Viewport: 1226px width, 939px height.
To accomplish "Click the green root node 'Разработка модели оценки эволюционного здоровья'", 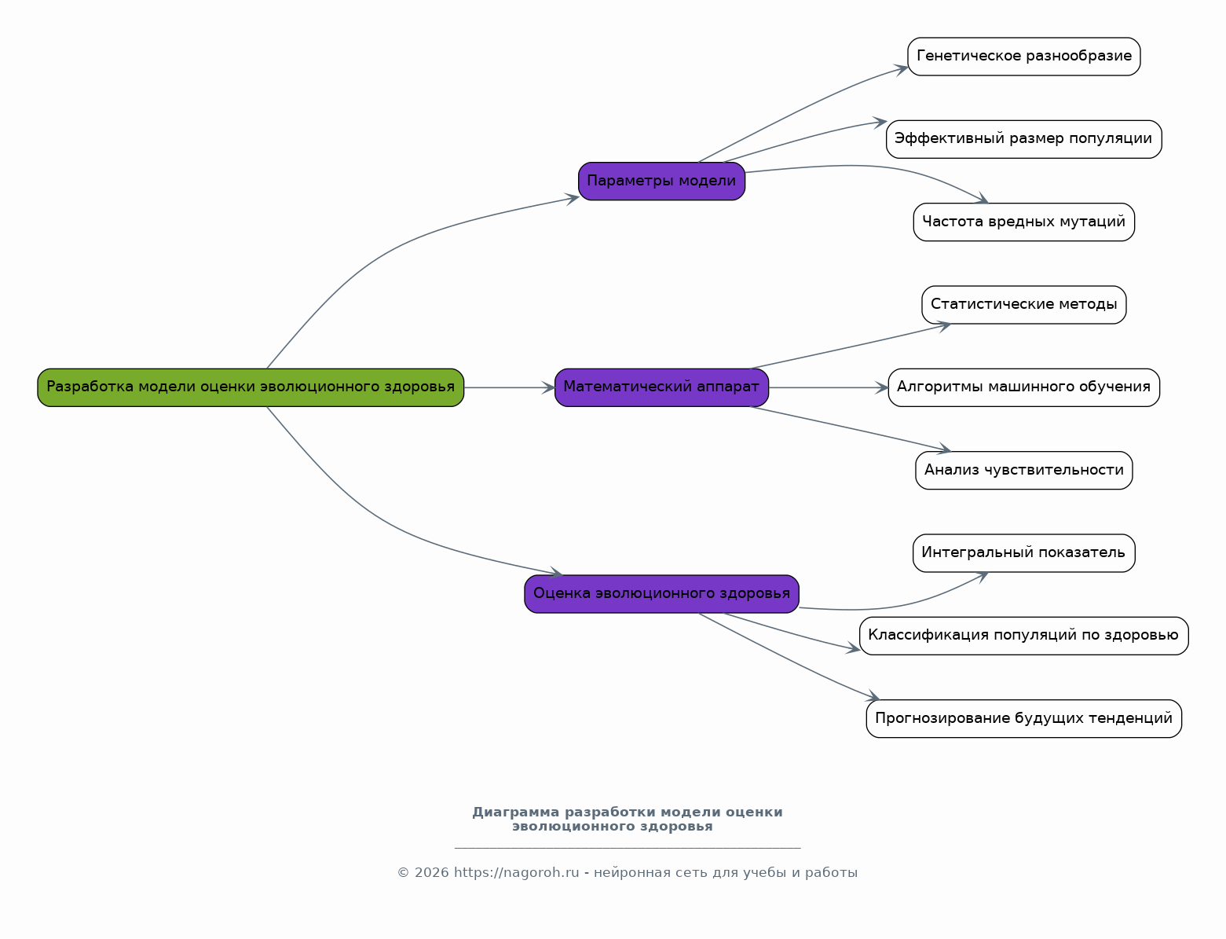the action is click(251, 387).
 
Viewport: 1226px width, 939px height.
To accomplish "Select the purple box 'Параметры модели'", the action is click(661, 182).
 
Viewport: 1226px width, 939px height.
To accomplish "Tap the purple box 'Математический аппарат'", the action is click(661, 387).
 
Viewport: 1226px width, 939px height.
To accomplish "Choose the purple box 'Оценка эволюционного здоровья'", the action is click(661, 593).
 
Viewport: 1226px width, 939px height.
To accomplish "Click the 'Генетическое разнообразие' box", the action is click(1023, 57).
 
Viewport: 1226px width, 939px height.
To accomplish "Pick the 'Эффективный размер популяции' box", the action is click(1023, 139).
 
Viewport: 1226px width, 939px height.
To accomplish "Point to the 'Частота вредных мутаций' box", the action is click(1023, 222).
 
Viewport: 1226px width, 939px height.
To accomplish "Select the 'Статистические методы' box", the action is click(1023, 305).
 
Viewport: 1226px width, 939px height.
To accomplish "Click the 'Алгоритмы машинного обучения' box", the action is click(1023, 387).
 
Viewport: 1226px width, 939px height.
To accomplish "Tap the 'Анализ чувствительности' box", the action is click(1023, 470).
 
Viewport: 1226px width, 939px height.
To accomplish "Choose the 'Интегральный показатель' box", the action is click(1023, 553).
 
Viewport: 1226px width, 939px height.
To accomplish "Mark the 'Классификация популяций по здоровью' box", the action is click(1023, 636).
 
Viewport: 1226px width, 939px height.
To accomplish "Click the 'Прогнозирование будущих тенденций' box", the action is click(1023, 718).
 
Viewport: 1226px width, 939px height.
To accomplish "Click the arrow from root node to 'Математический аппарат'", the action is click(510, 387).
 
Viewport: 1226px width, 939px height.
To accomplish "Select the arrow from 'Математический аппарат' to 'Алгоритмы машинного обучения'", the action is click(829, 387).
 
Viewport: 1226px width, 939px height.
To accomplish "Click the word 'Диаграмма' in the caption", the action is click(515, 812).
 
